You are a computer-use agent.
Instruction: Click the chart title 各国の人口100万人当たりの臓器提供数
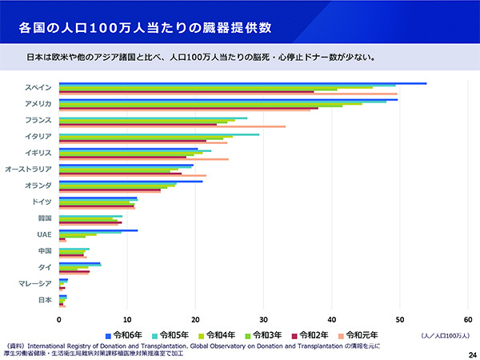(x=144, y=28)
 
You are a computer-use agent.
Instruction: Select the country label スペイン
(x=38, y=87)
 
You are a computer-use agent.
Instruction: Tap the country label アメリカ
(x=38, y=104)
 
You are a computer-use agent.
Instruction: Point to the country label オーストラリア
(x=29, y=169)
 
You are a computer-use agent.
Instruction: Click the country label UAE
(x=45, y=234)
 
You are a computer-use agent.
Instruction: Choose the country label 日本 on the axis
(x=46, y=300)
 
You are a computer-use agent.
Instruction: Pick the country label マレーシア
(x=35, y=283)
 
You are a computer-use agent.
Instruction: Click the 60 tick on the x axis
(x=468, y=318)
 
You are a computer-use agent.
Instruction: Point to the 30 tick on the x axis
(x=264, y=318)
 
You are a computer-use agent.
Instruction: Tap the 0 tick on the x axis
(x=59, y=318)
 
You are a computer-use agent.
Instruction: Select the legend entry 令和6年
(x=126, y=334)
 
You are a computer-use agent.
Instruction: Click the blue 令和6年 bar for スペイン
(x=240, y=82)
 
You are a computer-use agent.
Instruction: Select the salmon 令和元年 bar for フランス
(x=172, y=126)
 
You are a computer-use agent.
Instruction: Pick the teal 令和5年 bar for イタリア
(x=160, y=134)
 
